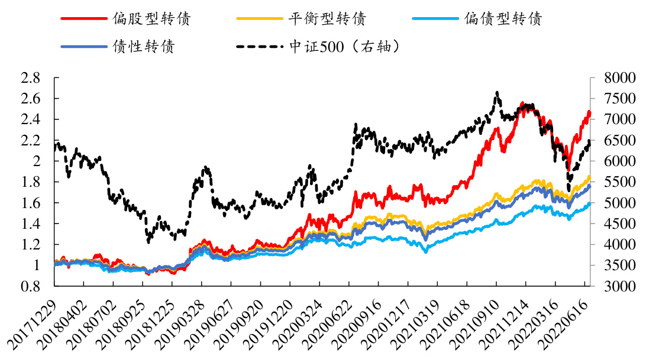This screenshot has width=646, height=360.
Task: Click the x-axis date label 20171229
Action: click(33, 322)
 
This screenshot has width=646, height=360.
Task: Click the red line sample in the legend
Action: click(83, 18)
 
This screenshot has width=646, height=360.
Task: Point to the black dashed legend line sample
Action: click(259, 47)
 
